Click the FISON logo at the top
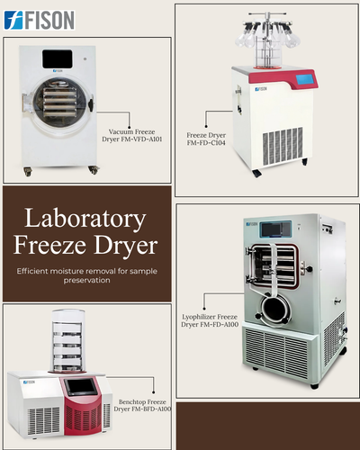(x=40, y=21)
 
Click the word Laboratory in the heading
(x=85, y=220)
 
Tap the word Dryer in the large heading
(x=125, y=246)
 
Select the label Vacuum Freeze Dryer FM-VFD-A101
(x=132, y=135)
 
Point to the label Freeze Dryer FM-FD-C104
(x=206, y=139)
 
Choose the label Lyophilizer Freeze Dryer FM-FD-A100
(x=210, y=320)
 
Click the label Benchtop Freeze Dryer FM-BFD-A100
(x=142, y=405)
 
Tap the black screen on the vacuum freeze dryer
(x=57, y=58)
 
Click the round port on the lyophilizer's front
(x=275, y=309)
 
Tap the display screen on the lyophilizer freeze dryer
(x=275, y=229)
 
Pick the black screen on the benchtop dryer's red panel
(x=81, y=387)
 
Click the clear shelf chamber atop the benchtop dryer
(x=67, y=341)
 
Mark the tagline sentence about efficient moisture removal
(x=86, y=275)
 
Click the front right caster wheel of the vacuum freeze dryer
(x=94, y=170)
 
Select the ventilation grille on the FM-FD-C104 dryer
(x=283, y=147)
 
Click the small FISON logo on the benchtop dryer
(x=29, y=382)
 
